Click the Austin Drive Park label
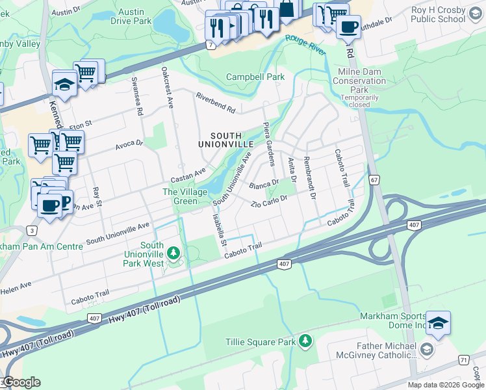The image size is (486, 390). [x=133, y=16]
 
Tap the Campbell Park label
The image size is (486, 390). [x=255, y=77]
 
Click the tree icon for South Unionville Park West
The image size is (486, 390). [x=173, y=252]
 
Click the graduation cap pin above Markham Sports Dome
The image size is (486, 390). [x=439, y=323]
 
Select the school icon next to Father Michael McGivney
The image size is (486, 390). [x=426, y=350]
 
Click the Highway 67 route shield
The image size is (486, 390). [x=373, y=179]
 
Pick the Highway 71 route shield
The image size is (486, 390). [x=463, y=359]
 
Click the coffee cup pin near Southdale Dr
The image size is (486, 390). [x=348, y=27]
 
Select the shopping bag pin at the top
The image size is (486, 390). [x=285, y=9]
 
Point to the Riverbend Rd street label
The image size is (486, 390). [x=216, y=102]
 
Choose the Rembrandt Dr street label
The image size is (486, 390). [x=309, y=177]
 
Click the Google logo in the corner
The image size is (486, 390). [x=21, y=382]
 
